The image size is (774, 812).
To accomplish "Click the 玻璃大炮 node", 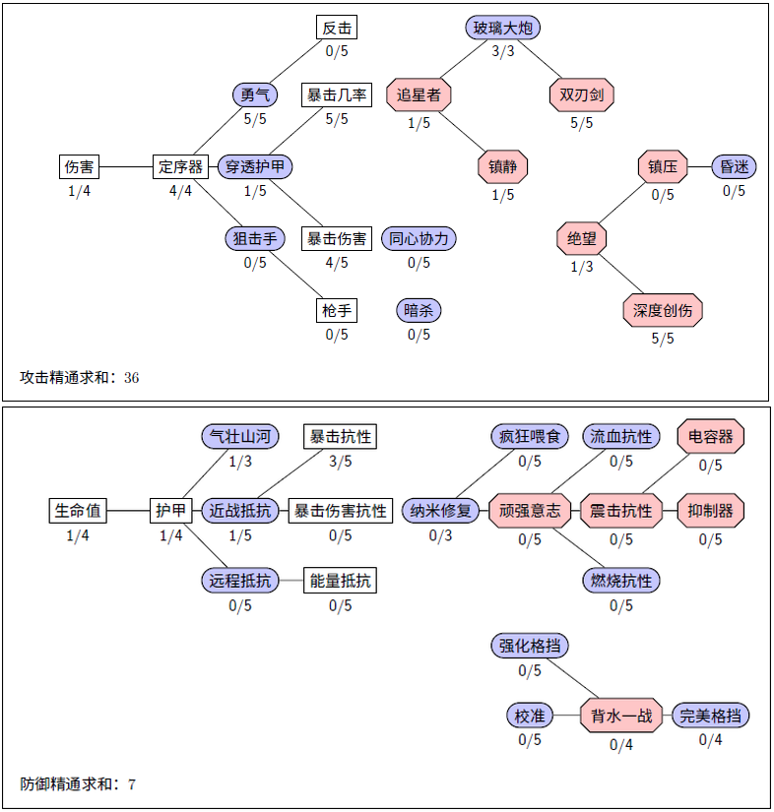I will point(503,28).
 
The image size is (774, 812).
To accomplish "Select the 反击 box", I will point(337,28).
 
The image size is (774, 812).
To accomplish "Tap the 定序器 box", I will point(180,166).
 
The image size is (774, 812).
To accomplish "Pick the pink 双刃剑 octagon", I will point(581,95).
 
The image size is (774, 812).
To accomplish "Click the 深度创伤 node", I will point(663,311).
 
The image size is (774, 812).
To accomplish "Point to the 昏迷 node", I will point(734,166).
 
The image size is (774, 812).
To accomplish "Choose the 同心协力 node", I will point(419,238).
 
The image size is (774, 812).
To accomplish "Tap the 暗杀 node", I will point(419,311).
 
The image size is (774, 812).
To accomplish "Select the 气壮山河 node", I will point(240,436).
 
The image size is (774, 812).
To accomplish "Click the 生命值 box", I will point(78,511).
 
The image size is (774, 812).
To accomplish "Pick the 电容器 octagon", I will point(710,436).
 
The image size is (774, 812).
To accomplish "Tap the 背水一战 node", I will point(621,716).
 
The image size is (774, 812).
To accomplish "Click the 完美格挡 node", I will point(710,716).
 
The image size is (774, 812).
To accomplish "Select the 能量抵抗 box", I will point(340,581).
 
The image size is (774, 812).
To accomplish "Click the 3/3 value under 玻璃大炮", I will point(503,51).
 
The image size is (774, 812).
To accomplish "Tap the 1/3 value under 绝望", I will point(581,266).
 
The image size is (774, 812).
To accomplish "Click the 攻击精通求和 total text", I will point(79,377).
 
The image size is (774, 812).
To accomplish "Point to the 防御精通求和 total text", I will point(78,784).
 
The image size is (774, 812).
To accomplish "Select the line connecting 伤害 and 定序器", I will point(126,166).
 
